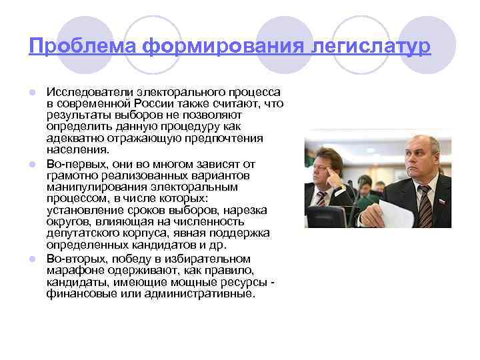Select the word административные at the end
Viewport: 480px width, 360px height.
[202, 293]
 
